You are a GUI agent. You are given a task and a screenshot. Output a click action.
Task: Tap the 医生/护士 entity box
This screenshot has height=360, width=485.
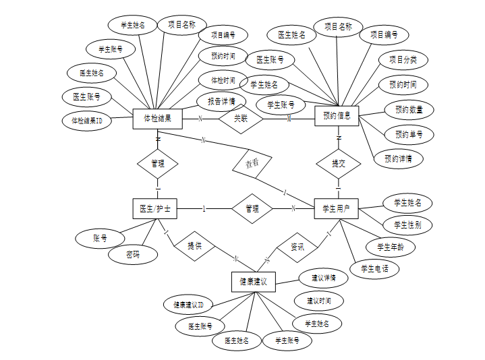tap(154, 209)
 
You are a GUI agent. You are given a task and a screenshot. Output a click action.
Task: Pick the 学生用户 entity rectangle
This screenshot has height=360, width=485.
tap(337, 209)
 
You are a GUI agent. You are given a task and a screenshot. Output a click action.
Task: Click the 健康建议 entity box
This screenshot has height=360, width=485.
tap(253, 282)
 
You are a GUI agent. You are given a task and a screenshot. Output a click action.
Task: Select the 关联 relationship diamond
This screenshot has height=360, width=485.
tap(241, 119)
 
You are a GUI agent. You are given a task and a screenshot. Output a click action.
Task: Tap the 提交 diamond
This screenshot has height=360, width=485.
tap(338, 164)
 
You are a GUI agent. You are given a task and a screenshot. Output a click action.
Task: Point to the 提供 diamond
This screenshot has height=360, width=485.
tap(194, 247)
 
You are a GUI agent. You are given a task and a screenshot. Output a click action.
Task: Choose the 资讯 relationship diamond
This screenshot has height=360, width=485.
tap(297, 247)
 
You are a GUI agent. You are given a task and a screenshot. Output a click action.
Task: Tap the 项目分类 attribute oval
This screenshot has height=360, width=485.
tap(403, 60)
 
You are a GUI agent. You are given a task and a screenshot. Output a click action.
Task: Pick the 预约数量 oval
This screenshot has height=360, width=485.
tap(409, 109)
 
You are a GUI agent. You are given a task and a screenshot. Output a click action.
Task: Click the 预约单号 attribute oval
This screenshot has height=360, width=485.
tap(409, 134)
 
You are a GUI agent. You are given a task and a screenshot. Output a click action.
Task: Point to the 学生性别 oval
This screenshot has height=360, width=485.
tap(408, 224)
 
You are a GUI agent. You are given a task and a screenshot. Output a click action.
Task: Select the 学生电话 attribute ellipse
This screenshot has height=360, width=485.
tap(375, 268)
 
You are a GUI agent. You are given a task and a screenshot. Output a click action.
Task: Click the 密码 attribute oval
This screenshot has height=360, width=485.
tap(133, 254)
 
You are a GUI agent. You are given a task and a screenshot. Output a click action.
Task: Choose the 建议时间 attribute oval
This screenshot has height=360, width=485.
tap(319, 300)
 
